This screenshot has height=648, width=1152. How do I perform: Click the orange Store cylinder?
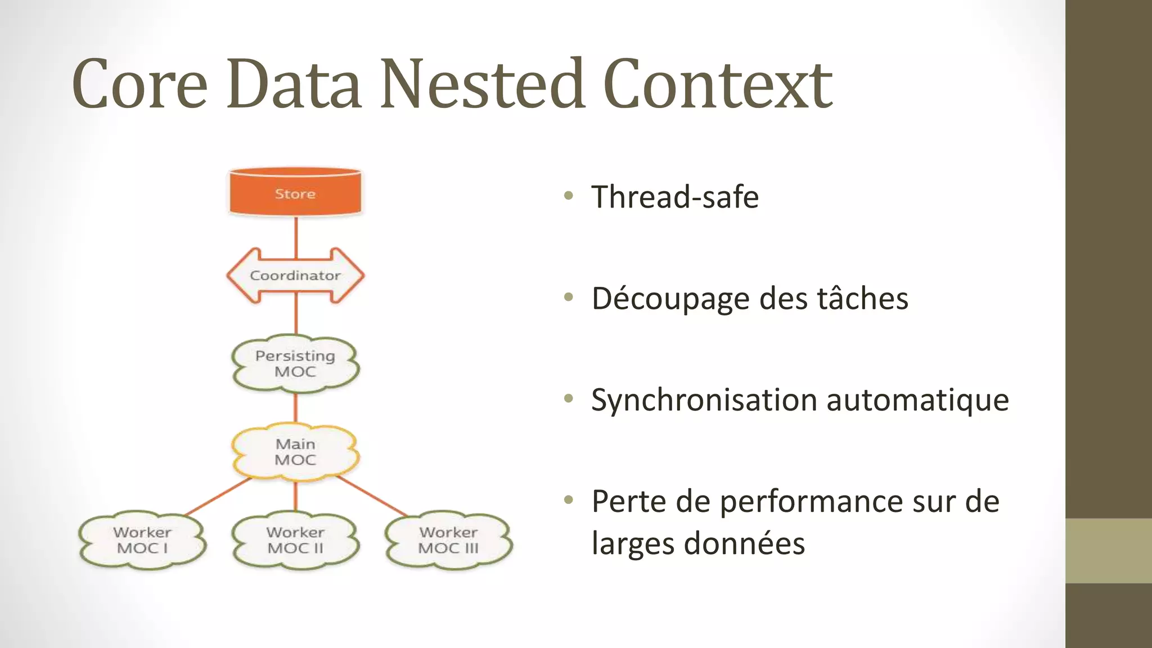(295, 193)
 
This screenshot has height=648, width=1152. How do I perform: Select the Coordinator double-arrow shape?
(295, 276)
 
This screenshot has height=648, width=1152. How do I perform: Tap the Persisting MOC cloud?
(295, 363)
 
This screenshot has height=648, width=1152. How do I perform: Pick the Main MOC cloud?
(295, 452)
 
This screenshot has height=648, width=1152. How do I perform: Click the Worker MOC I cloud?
(142, 540)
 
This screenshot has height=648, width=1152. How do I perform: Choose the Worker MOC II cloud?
(295, 540)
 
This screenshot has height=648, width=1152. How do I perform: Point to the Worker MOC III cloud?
(448, 540)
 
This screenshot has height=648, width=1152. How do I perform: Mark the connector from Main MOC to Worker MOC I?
(218, 496)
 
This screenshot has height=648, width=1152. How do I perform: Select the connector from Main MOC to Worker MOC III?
(372, 496)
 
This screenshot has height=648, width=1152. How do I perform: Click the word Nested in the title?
(482, 84)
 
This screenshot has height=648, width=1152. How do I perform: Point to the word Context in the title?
(717, 84)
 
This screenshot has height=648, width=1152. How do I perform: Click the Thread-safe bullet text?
(675, 197)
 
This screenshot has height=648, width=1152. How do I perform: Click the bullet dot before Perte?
(569, 499)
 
